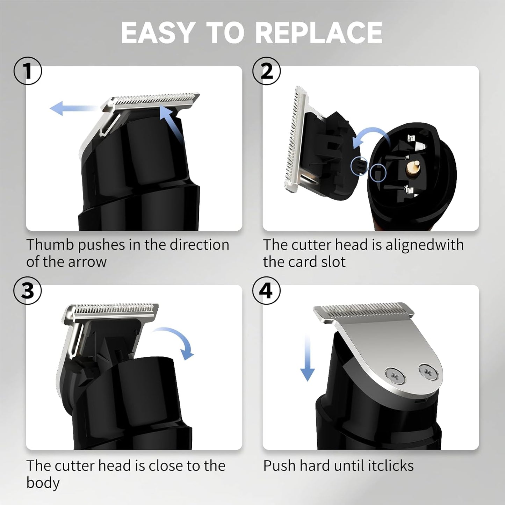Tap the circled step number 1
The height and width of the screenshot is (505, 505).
pos(28,71)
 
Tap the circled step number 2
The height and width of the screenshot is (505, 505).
pos(267,71)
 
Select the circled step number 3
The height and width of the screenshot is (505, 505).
pos(28,291)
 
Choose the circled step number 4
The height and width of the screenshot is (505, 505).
pos(267,291)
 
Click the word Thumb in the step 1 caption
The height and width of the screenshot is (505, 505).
pos(50,245)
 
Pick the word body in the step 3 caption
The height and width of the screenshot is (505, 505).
pos(43,483)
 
